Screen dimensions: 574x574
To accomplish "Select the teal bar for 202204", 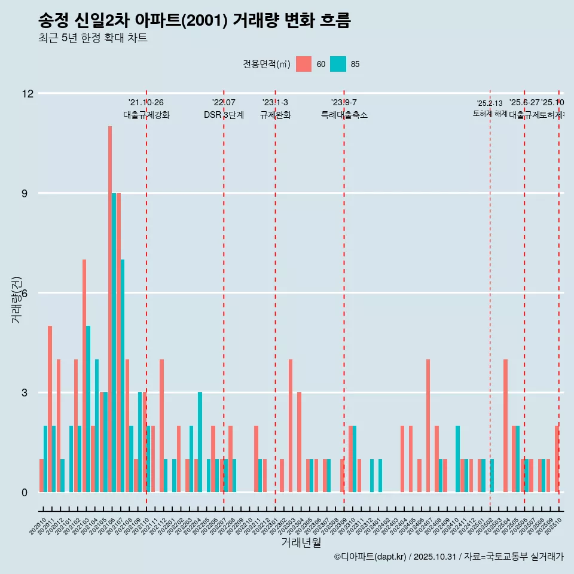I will click(200, 442).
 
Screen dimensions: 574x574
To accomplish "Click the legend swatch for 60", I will click(304, 64).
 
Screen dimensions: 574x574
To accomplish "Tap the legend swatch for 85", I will click(338, 64).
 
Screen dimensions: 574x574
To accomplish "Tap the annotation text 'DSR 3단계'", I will click(224, 115).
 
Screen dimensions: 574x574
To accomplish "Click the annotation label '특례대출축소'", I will click(344, 115).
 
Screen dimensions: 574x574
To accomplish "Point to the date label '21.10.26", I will click(146, 103).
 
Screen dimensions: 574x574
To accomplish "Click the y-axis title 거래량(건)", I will click(16, 300).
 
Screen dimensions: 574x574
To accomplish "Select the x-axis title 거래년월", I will click(301, 543).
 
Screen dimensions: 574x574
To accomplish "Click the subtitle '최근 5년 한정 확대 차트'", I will click(93, 38).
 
